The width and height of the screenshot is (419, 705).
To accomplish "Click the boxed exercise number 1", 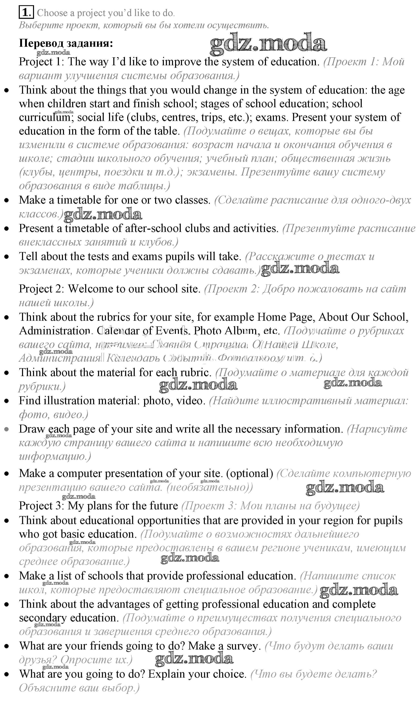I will click(26, 13).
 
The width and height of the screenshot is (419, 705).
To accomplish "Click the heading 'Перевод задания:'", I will click(66, 43).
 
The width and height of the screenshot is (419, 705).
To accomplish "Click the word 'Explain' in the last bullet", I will click(167, 674).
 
